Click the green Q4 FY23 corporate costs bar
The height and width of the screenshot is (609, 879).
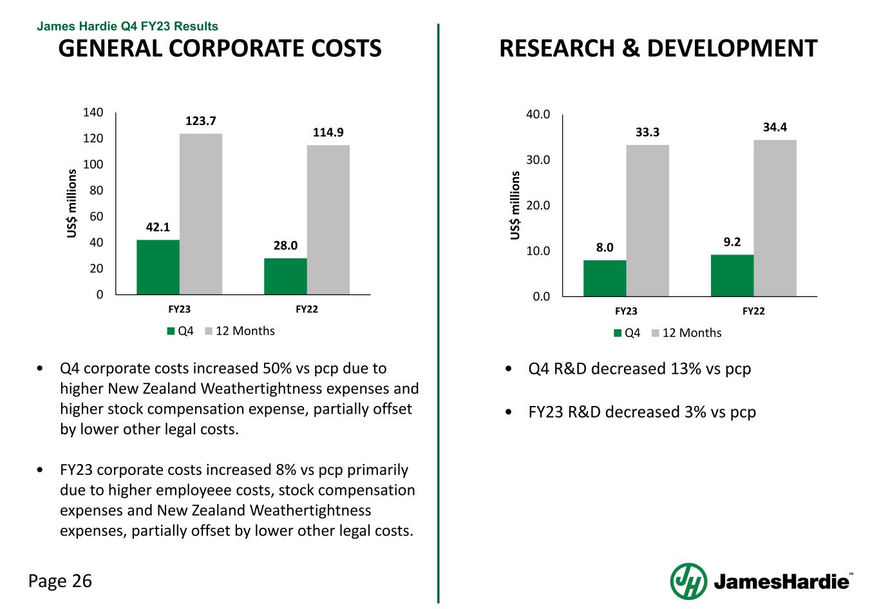pos(158,267)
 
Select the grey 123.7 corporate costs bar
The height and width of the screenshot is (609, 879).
pos(200,214)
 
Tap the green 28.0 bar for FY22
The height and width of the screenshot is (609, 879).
pos(285,276)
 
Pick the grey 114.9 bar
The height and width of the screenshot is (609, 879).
pos(328,220)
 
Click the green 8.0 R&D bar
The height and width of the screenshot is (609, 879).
pos(605,278)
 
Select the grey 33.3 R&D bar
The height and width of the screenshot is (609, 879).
pos(647,220)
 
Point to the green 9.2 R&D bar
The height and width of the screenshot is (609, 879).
pos(732,276)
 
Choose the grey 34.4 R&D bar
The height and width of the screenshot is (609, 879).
pos(775,218)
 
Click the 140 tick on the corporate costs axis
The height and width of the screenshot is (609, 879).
pos(93,113)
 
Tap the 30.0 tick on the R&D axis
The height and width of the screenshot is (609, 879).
pos(539,160)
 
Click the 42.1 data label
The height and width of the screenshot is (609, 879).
pos(158,227)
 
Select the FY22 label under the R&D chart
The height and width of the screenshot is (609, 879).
pos(753,311)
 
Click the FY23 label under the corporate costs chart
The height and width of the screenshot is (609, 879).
pos(179,309)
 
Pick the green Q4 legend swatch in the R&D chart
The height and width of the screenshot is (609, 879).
pos(618,333)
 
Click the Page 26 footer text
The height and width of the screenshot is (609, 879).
pos(61,581)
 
